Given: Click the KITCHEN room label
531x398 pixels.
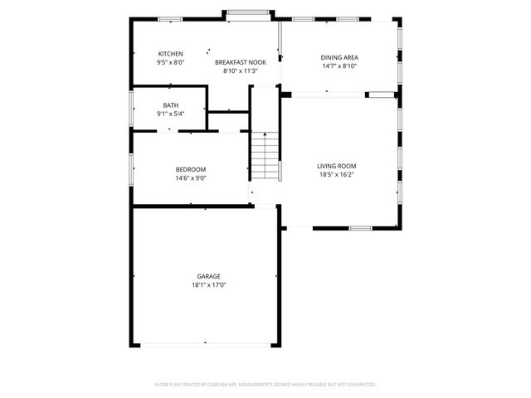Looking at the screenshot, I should [170, 54].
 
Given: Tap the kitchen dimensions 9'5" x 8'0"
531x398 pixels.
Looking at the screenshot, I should [170, 62].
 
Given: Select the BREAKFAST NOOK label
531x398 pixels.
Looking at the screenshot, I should [240, 62].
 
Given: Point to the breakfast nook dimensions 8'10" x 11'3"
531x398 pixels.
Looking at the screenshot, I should [240, 70].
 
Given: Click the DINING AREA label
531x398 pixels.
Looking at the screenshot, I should [339, 57].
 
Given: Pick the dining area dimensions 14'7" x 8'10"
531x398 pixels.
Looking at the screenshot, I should [339, 66].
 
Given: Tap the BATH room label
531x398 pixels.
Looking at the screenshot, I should [170, 105].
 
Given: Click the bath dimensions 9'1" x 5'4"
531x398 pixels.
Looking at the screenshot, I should [170, 114].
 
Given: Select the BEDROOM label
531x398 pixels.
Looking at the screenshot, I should [190, 169].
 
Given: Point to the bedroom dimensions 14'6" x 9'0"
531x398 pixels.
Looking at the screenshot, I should [190, 177].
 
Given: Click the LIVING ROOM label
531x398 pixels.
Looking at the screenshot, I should [336, 166].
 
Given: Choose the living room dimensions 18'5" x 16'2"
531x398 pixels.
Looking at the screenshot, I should [336, 174].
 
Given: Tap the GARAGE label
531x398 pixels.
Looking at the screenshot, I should [208, 276].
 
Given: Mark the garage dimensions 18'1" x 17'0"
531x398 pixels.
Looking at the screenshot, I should [208, 284].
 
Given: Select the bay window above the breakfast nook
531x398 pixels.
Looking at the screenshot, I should [248, 12].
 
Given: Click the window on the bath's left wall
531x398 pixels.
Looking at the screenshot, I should [131, 108].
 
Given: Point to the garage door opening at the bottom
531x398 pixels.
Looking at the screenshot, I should [204, 345].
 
